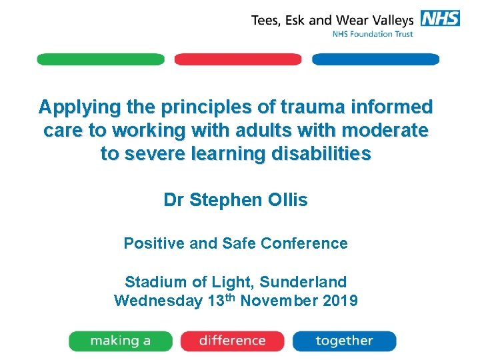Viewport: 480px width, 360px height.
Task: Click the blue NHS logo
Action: tap(440, 18)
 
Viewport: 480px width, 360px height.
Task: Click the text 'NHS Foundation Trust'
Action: tap(373, 34)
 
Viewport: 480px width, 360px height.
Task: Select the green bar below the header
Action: tap(101, 59)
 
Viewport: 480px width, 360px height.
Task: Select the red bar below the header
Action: tap(238, 59)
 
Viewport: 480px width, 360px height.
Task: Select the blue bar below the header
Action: tap(375, 59)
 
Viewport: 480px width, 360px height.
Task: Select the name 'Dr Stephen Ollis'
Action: tap(235, 200)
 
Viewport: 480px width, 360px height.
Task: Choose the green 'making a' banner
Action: tap(121, 341)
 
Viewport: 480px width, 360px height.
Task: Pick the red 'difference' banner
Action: tap(232, 341)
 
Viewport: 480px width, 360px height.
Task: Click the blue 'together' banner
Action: tap(344, 341)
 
